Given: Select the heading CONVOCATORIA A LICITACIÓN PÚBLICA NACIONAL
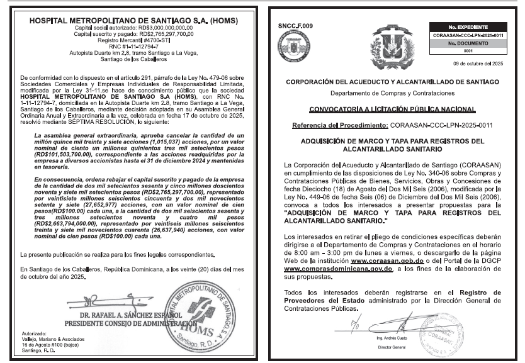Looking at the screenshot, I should [391, 109].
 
